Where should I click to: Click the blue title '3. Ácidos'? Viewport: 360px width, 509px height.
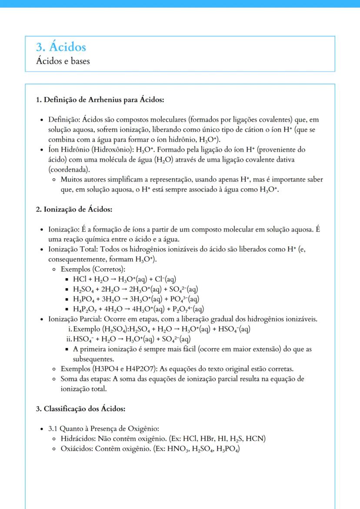pos(61,47)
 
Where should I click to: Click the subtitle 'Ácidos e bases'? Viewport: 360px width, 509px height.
pos(63,61)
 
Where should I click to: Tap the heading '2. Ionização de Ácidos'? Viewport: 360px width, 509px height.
pos(74,209)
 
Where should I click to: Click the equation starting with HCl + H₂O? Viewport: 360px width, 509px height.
pos(124,279)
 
